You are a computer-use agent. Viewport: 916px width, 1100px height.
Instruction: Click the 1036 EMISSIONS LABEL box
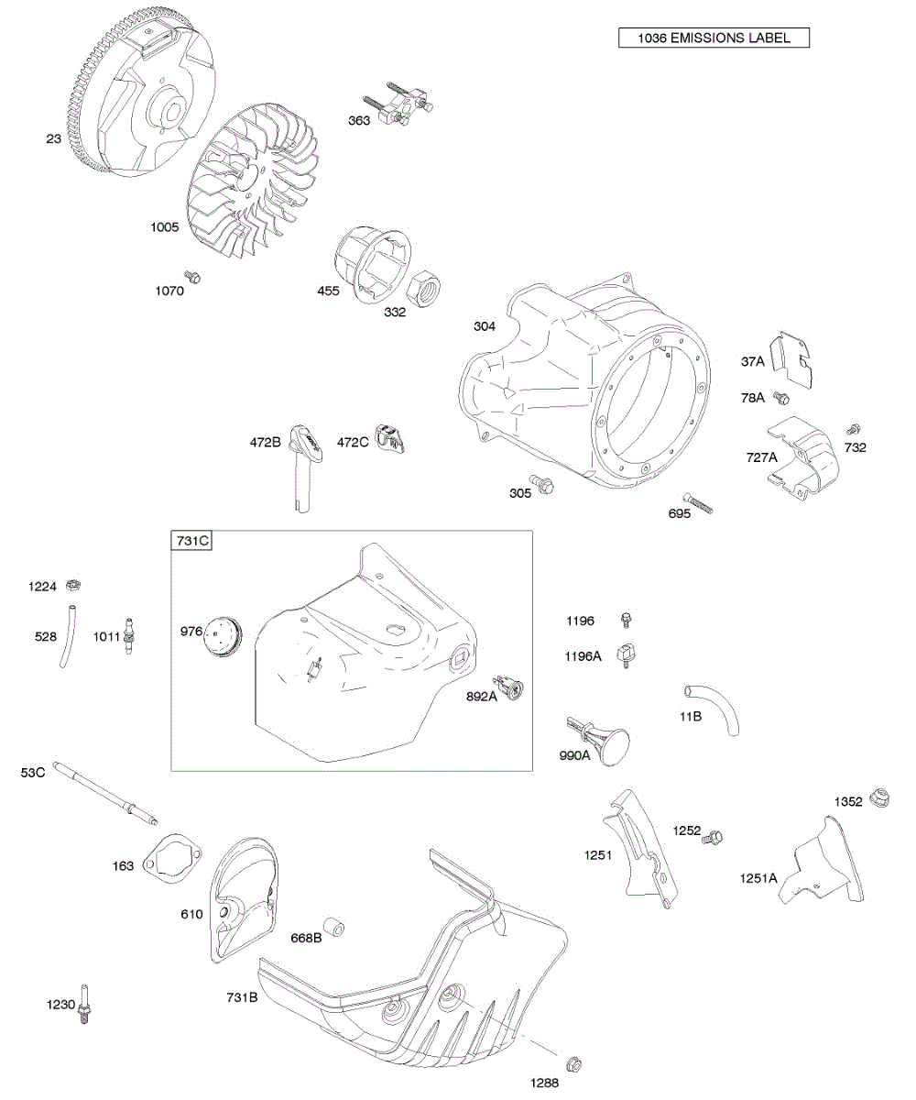(714, 38)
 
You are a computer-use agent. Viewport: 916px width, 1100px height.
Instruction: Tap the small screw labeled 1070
(192, 276)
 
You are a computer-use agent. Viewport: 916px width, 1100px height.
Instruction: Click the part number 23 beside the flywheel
(54, 139)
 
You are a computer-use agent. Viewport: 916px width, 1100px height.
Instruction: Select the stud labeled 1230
(88, 1006)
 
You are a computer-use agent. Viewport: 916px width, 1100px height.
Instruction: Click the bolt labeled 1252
(714, 836)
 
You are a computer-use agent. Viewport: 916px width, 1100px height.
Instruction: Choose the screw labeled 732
(854, 429)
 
